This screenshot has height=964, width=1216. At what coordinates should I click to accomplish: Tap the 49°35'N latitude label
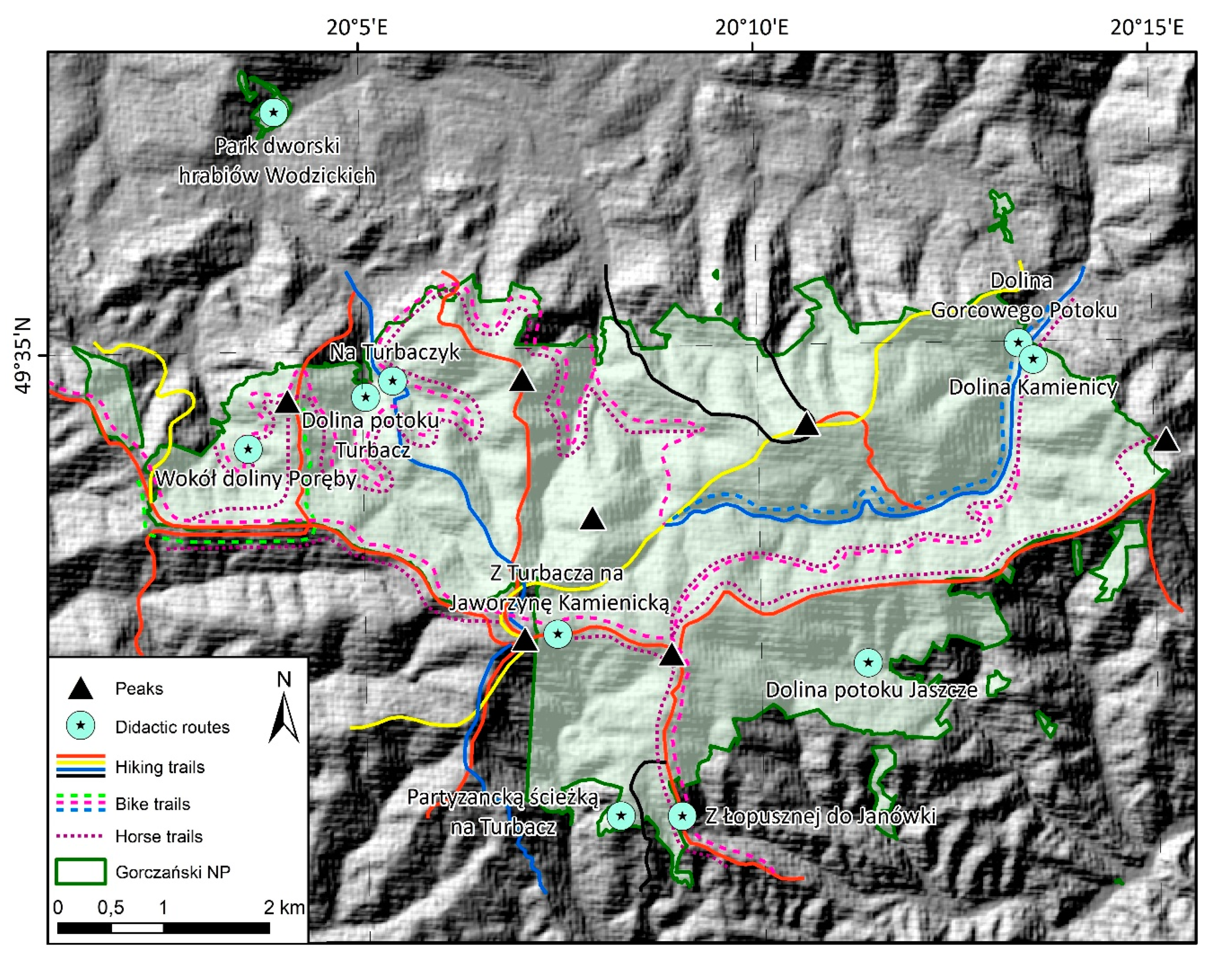(25, 355)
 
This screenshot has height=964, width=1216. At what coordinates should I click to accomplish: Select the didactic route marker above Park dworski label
(273, 112)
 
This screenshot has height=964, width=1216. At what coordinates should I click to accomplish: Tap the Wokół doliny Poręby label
(256, 479)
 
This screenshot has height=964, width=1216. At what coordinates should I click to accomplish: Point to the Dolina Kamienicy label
(1033, 387)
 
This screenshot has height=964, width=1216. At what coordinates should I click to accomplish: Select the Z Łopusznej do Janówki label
(820, 816)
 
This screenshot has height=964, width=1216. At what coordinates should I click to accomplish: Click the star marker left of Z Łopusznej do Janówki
(682, 816)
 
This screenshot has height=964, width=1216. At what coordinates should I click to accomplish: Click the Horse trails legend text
(159, 836)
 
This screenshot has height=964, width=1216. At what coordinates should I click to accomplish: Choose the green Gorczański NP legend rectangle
(81, 872)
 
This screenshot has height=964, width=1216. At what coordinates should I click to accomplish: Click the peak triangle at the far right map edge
(1166, 440)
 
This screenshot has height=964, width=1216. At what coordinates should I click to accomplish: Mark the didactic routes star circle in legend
(81, 726)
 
